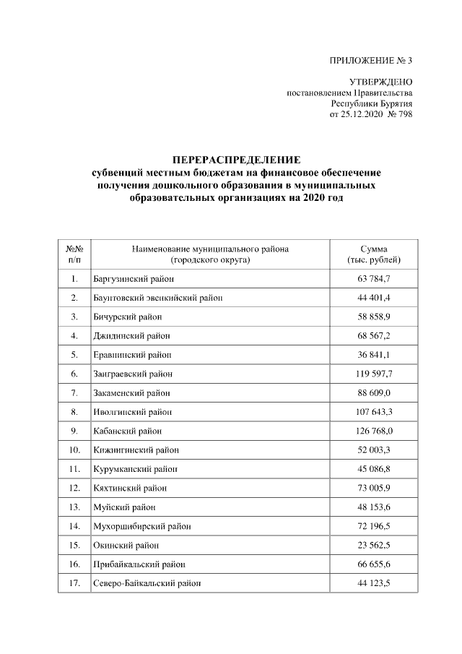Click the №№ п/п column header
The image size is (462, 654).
click(74, 254)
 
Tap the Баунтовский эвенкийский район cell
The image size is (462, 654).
click(157, 298)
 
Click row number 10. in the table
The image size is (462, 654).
click(74, 450)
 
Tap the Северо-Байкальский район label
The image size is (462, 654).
click(147, 583)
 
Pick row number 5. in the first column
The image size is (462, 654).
click(74, 355)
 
